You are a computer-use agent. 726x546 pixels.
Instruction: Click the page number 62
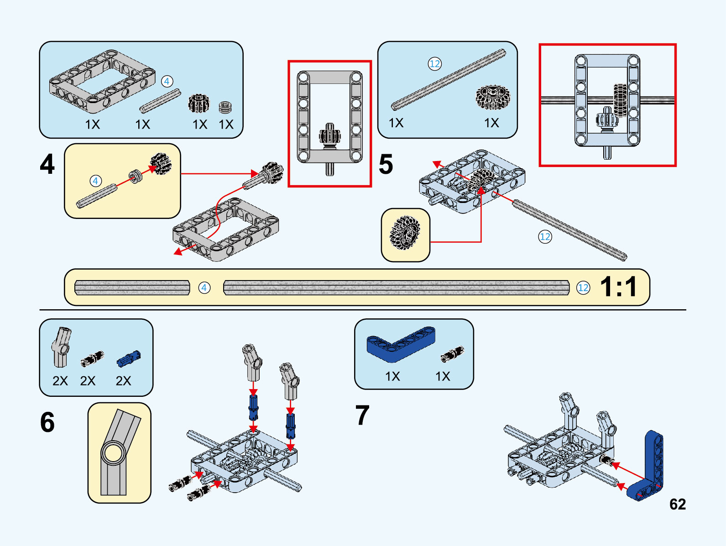tap(677, 504)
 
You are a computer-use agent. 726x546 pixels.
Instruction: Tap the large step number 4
tap(47, 164)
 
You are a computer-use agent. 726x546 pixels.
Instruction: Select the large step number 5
tap(386, 164)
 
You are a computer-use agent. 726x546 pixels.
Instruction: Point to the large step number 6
tap(47, 422)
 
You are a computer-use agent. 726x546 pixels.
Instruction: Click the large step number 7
tap(362, 415)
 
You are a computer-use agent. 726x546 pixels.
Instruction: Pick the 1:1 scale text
tap(618, 287)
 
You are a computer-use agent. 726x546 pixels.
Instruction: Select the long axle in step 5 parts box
tap(448, 80)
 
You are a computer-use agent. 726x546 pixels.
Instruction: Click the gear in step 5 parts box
tap(492, 97)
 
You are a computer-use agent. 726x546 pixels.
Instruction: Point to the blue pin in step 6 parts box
tap(129, 359)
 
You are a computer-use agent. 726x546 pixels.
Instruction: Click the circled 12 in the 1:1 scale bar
tap(583, 288)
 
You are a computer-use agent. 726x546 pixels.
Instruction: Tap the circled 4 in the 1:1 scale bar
tap(204, 288)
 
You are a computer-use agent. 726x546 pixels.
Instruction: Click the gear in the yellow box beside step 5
tap(404, 233)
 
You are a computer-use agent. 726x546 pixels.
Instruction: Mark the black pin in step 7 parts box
tap(452, 354)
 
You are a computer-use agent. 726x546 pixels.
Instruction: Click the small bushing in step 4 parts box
tap(225, 107)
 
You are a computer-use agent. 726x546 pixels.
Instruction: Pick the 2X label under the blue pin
tap(123, 381)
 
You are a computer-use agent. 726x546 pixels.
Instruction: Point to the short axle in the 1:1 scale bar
tap(132, 288)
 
